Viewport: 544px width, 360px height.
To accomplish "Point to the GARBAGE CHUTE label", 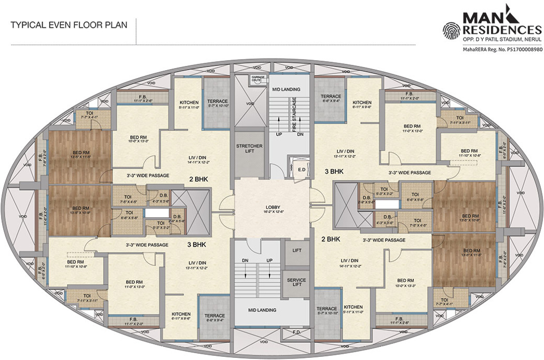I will click(258, 79).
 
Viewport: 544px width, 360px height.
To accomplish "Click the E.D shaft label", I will click(301, 170).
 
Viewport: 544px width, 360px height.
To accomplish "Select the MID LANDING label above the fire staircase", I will click(284, 89).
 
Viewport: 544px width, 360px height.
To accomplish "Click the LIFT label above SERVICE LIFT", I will click(297, 250).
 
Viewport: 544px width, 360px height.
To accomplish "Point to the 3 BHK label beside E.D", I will click(334, 171).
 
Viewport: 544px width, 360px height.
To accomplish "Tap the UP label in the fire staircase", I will click(279, 134).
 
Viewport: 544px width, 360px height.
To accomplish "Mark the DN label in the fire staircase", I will click(300, 134).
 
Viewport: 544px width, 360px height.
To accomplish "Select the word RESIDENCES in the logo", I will click(502, 30).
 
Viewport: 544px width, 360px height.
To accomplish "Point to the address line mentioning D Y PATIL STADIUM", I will click(502, 39).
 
